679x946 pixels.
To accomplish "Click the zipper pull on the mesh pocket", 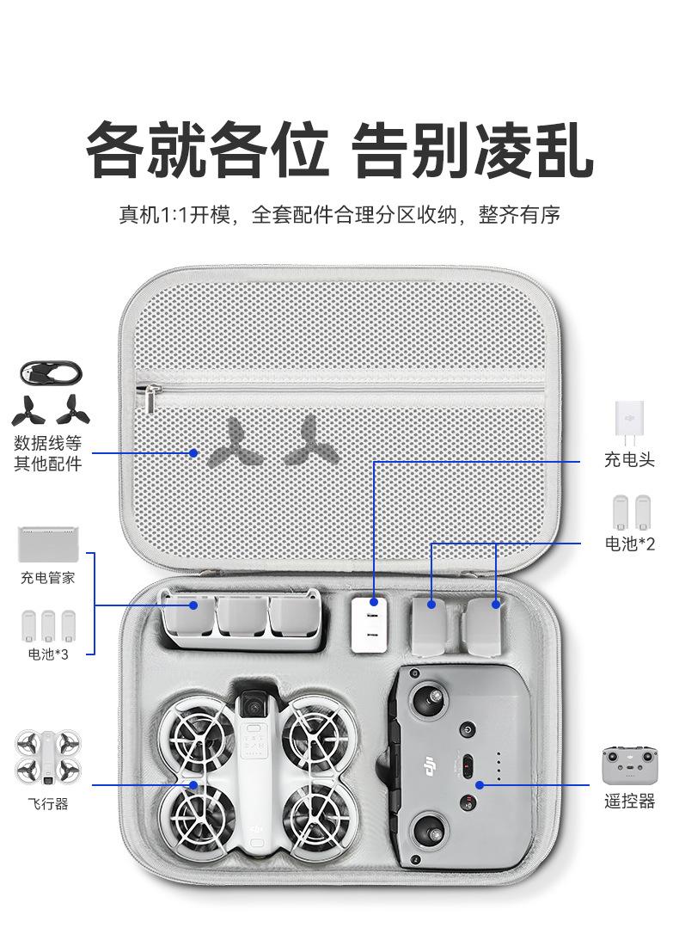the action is click(152, 398).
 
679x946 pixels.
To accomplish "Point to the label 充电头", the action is click(629, 460).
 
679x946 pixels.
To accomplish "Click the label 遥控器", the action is click(629, 802).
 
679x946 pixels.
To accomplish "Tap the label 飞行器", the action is click(48, 803).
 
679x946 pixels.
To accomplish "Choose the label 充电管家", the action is click(48, 578).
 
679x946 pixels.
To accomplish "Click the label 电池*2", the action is click(630, 544).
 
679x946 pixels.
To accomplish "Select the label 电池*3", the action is click(48, 654).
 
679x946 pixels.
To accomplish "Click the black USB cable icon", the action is click(52, 374).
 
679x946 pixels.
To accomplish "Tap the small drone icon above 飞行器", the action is click(48, 758).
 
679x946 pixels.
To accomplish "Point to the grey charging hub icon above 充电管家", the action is click(48, 544).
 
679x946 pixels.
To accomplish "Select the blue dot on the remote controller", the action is click(480, 784).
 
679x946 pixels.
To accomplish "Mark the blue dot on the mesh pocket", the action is click(194, 452).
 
